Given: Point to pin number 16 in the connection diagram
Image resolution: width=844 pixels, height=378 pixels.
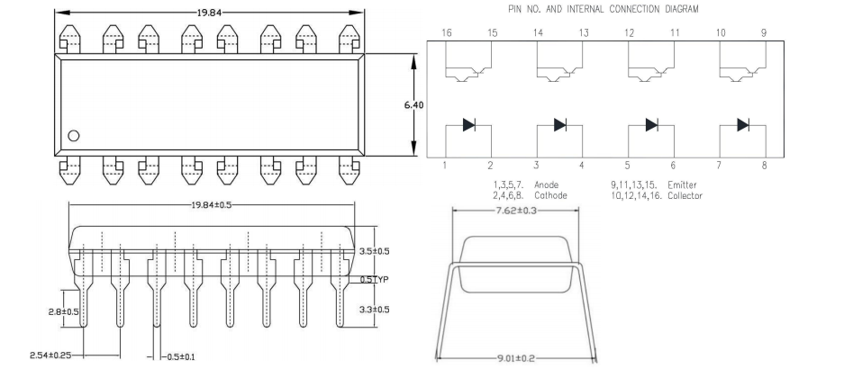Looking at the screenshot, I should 446,32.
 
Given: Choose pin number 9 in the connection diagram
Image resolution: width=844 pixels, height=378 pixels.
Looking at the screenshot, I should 764,32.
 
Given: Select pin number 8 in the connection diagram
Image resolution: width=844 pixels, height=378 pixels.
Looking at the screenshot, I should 764,166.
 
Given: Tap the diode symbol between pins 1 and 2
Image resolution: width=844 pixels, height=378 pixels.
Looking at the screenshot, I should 468,125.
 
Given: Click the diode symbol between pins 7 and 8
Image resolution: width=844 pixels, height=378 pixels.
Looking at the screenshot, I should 742,125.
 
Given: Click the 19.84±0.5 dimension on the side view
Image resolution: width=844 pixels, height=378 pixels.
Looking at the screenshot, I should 211,205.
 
